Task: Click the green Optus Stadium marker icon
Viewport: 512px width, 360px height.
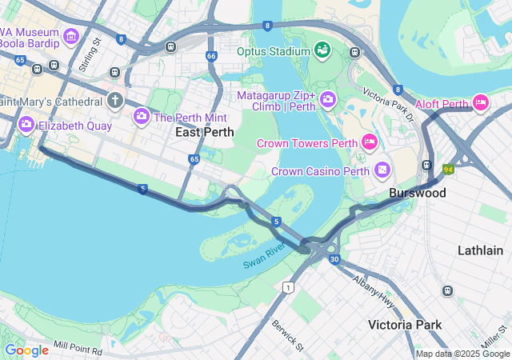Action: click(x=322, y=51)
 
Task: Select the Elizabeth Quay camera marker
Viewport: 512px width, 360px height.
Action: click(x=26, y=124)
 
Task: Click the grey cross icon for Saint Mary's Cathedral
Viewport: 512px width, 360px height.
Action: click(x=115, y=101)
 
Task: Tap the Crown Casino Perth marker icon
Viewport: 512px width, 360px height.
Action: click(x=382, y=170)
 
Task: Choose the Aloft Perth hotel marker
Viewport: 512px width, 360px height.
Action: click(x=481, y=102)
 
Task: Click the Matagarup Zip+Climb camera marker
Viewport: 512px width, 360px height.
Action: click(x=327, y=100)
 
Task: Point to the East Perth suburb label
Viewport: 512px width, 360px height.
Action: click(x=205, y=133)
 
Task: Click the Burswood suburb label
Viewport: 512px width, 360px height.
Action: click(x=417, y=194)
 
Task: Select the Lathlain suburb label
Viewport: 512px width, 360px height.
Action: click(x=480, y=250)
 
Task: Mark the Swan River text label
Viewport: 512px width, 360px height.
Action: click(x=265, y=257)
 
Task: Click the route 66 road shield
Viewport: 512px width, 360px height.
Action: click(x=211, y=56)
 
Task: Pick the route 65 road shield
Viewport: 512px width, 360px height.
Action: click(x=194, y=160)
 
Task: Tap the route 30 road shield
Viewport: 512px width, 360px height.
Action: click(x=334, y=259)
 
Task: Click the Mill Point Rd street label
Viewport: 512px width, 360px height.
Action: click(x=78, y=350)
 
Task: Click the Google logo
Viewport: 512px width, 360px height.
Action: click(x=26, y=350)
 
